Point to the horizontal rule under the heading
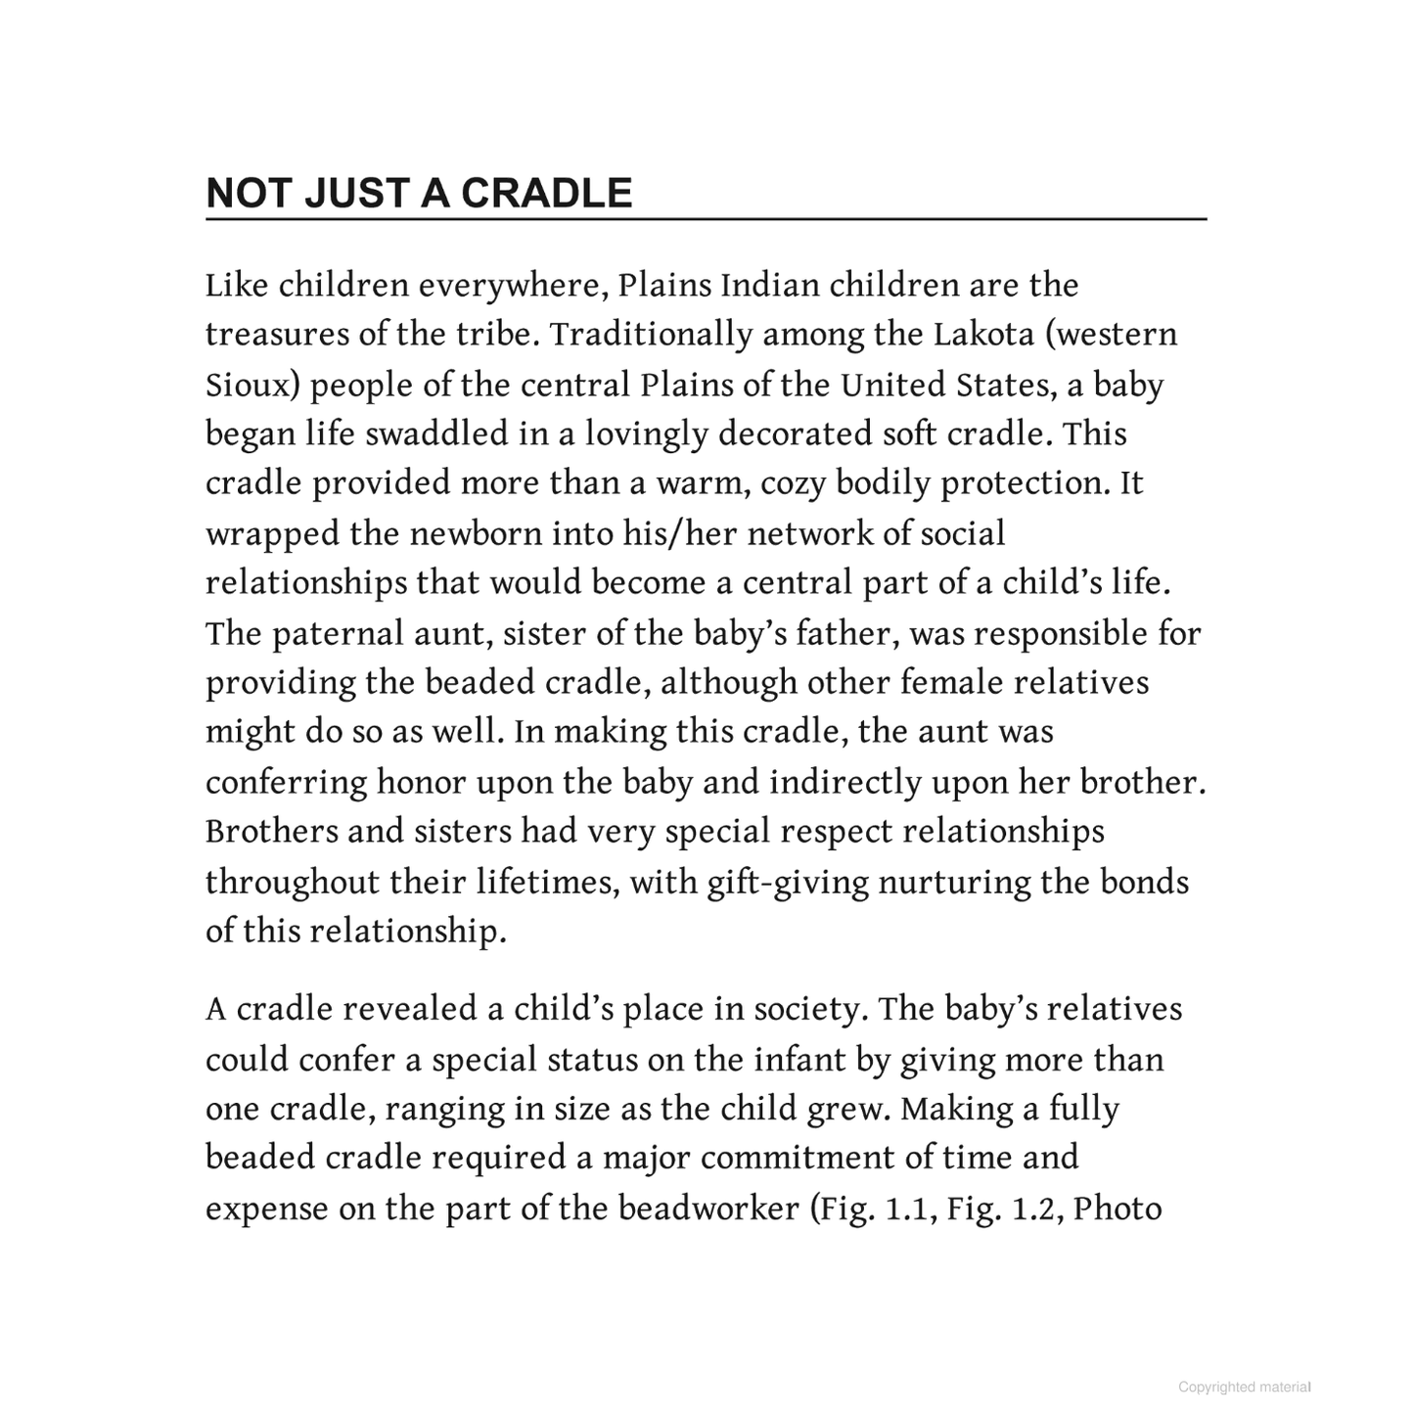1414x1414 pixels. pyautogui.click(x=706, y=220)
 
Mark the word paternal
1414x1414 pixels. pyautogui.click(x=337, y=633)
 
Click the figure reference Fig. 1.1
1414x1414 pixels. pyautogui.click(x=873, y=1209)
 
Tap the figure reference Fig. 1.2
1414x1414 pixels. pyautogui.click(x=1003, y=1209)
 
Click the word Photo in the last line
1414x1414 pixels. pyautogui.click(x=1118, y=1209)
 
